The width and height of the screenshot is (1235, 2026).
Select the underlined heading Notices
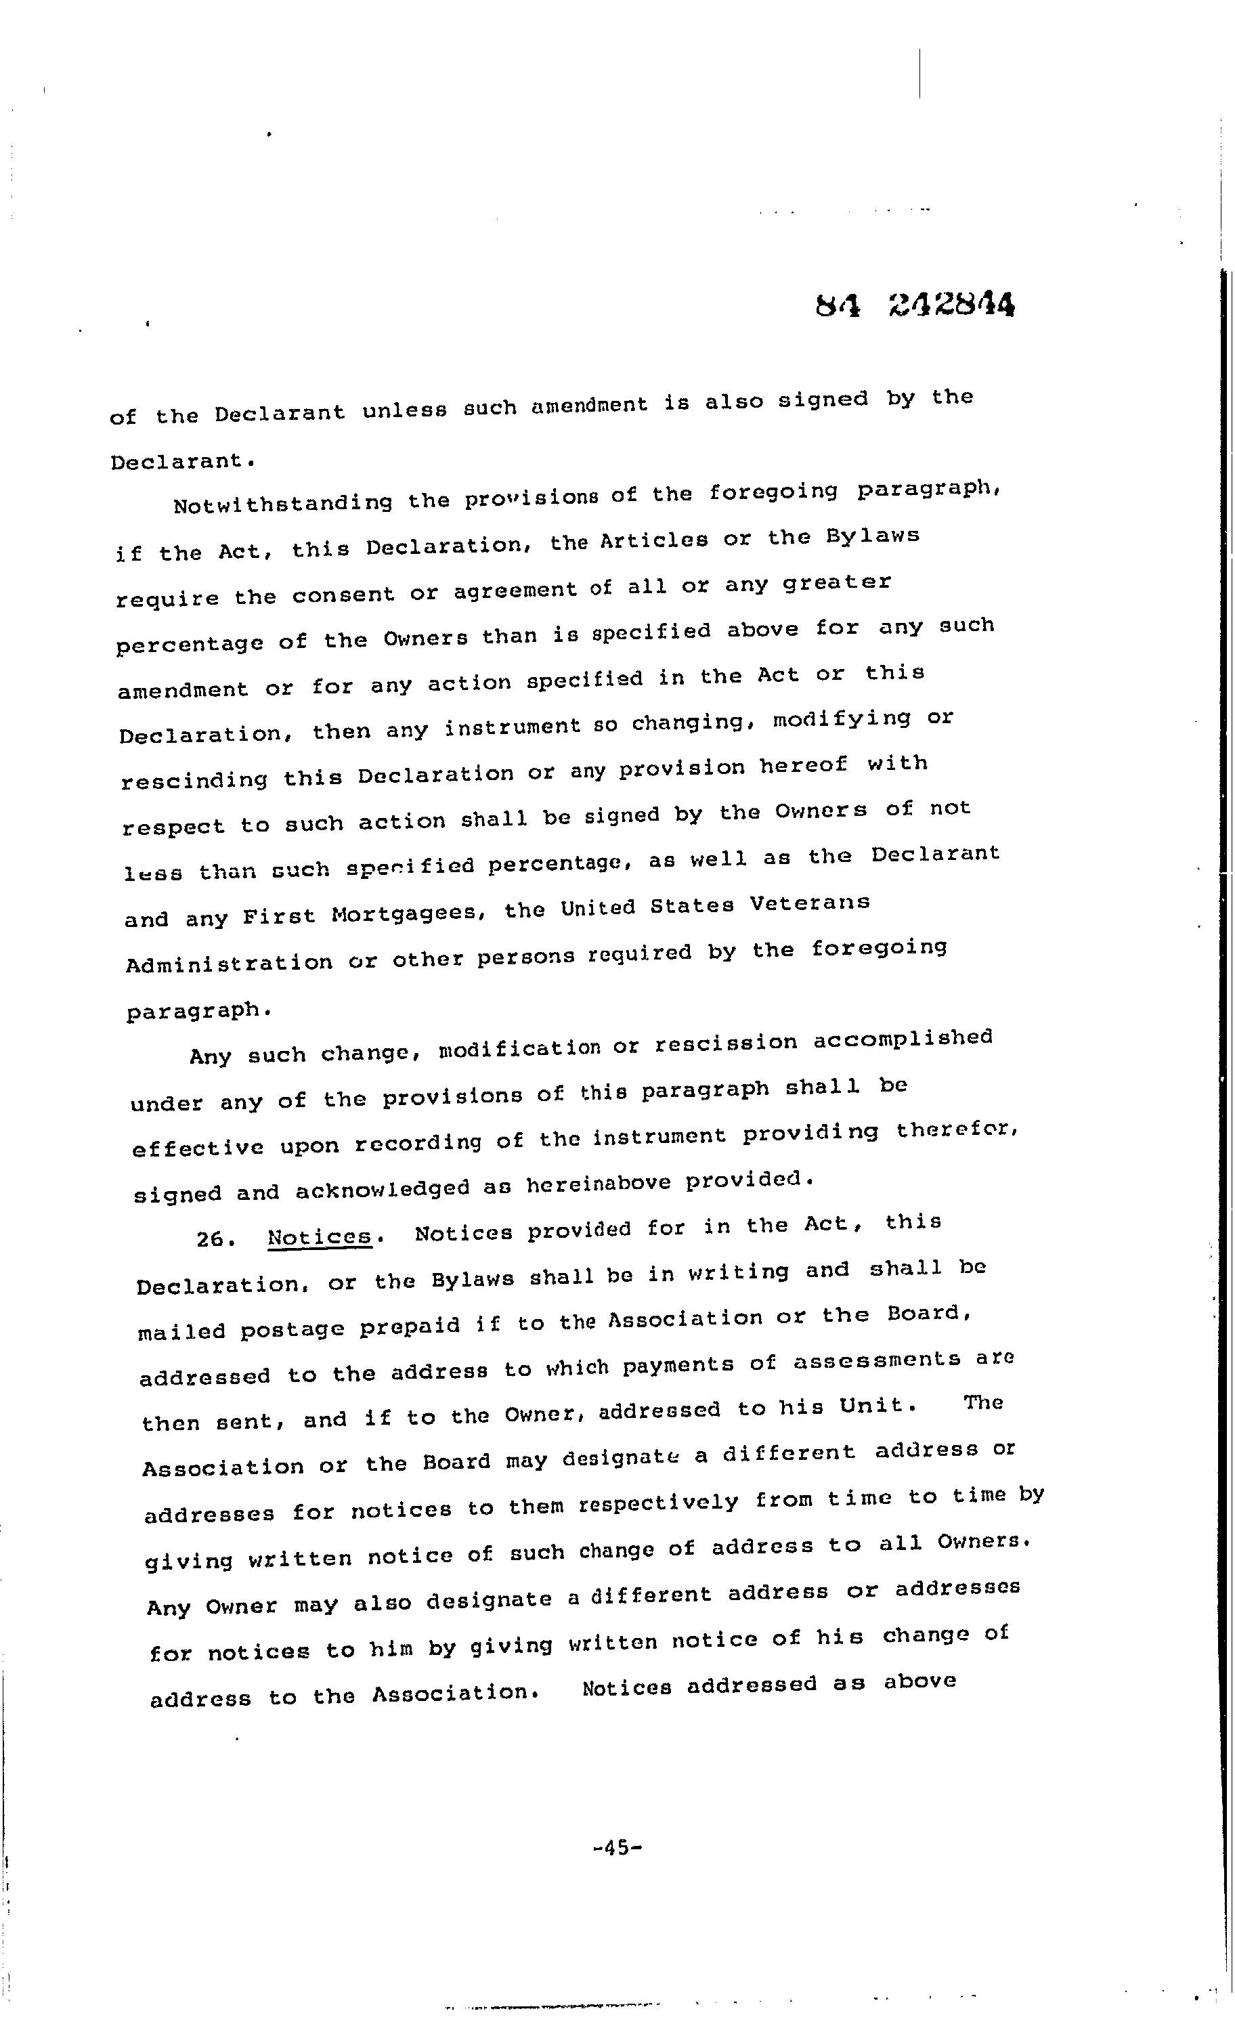(320, 1236)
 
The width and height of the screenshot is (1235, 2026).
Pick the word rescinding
(194, 779)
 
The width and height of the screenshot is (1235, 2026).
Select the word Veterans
(809, 903)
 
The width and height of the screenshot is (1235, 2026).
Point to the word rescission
(726, 1043)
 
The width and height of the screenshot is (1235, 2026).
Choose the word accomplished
(903, 1039)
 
